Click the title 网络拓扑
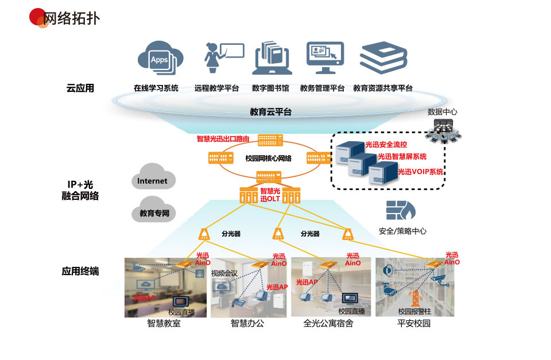71,18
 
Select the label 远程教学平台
216,88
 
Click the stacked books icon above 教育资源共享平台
383,58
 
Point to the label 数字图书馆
270,88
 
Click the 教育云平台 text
271,112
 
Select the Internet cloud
153,180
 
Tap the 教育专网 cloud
154,213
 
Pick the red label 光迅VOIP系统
421,171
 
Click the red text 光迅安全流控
389,145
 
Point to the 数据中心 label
443,113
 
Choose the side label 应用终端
80,271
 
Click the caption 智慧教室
164,323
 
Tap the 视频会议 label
224,273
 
